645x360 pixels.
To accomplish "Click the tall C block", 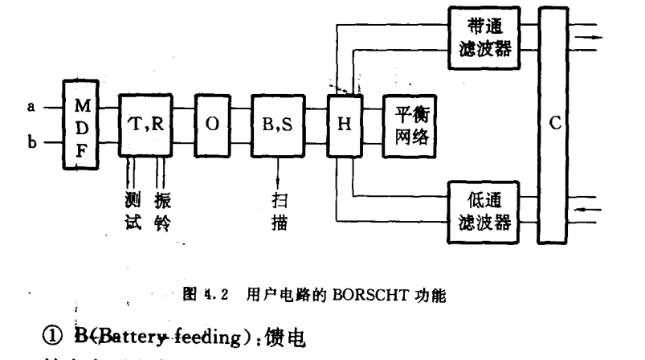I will (557, 125).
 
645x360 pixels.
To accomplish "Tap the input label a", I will (30, 106).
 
